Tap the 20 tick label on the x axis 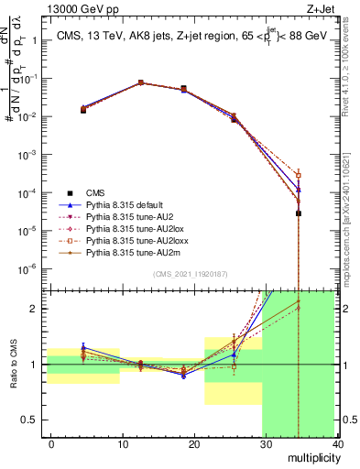(193, 444)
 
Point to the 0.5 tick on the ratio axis (34, 420)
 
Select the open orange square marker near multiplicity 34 (299, 175)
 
